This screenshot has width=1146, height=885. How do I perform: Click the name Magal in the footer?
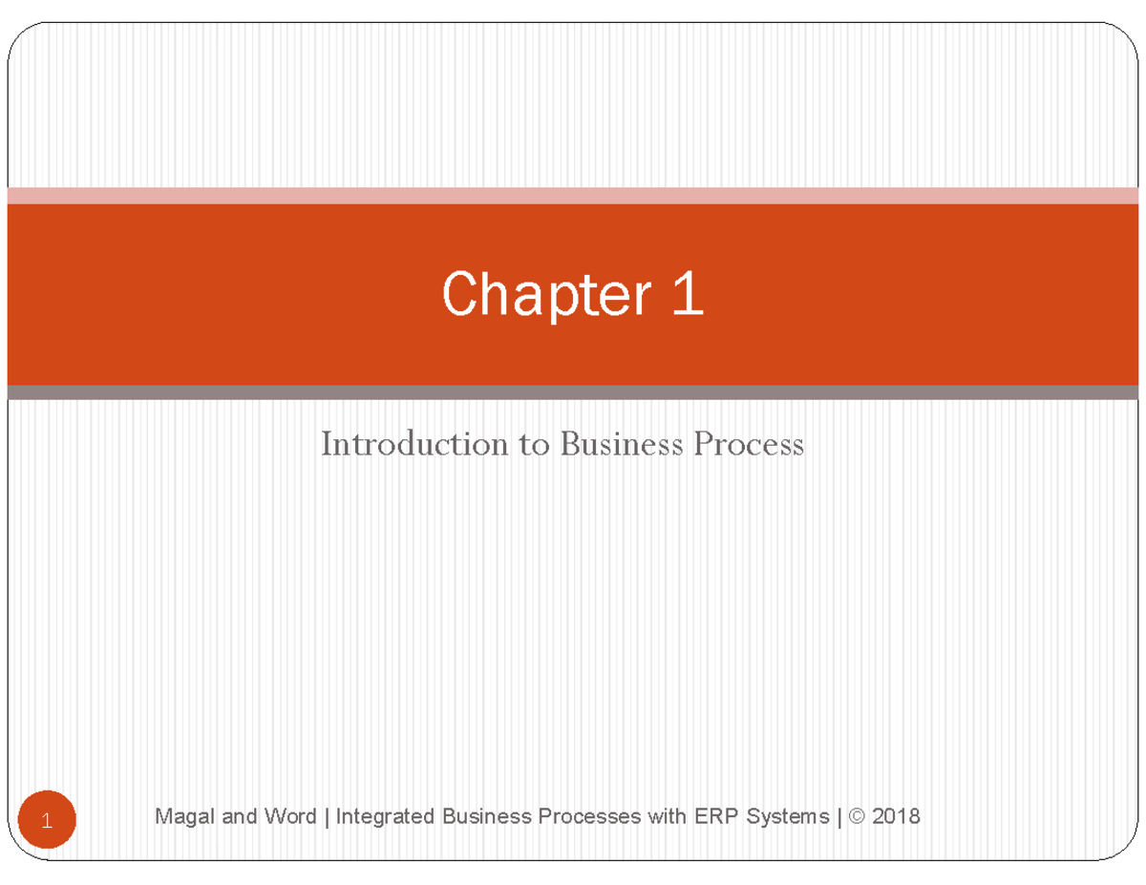180,816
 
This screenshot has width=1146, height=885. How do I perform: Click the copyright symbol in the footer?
859,816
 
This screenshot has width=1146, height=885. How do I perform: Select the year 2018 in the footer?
898,816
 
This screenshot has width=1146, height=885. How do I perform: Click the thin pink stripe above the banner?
573,196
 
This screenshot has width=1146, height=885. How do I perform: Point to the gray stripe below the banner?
573,392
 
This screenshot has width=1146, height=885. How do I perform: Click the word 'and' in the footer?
238,816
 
